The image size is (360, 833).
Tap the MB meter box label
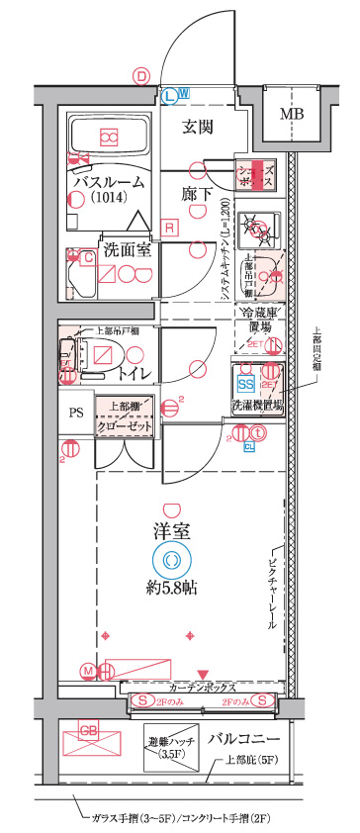(292, 114)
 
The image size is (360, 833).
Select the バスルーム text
(110, 182)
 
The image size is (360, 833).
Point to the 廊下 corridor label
(198, 193)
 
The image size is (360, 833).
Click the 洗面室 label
(127, 249)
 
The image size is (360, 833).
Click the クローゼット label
(125, 426)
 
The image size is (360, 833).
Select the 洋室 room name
(173, 529)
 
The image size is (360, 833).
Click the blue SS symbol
(245, 383)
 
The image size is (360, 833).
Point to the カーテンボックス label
(203, 686)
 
